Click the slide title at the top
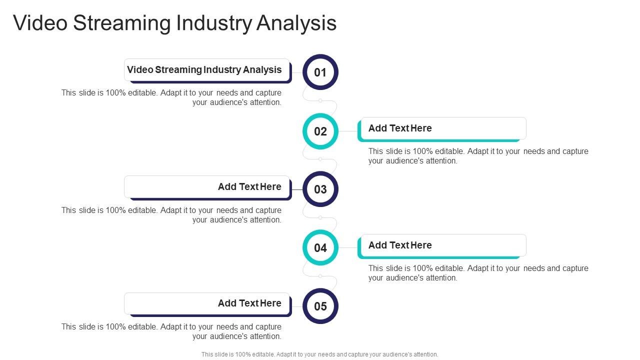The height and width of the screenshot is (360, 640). point(174,23)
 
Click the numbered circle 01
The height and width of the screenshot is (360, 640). point(320,72)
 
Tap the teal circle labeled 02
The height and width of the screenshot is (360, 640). point(320,131)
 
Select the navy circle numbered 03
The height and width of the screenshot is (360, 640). point(320,189)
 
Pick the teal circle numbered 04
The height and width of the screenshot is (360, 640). point(320,247)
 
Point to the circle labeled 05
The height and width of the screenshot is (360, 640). point(320,306)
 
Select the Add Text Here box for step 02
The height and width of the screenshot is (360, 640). point(442,128)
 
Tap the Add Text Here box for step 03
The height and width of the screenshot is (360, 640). point(207,187)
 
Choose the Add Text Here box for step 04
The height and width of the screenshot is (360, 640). point(442,245)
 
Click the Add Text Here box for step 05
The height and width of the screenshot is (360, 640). point(207,303)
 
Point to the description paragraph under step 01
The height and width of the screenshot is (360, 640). point(171,97)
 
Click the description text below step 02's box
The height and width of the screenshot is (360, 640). point(478,156)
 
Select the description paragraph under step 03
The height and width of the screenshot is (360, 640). point(171,215)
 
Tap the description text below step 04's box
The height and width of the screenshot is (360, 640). point(478,273)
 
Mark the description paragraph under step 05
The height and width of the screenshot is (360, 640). point(171,331)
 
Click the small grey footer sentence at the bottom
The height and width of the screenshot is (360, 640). point(320,354)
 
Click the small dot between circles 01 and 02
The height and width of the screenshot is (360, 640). point(320,100)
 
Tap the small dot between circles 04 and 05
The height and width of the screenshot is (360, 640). point(320,276)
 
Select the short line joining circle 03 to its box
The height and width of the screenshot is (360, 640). point(297,190)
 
